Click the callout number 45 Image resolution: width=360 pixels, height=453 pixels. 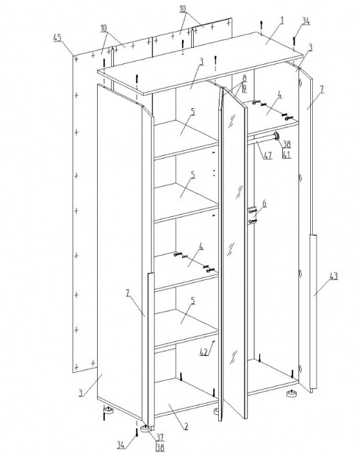[58, 38]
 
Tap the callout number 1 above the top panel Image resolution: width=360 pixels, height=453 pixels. [282, 20]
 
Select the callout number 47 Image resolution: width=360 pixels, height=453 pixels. [268, 155]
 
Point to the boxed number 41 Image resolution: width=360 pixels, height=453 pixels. [286, 154]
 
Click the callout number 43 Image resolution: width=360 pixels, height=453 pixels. [333, 276]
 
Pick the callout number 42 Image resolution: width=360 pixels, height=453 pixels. [204, 351]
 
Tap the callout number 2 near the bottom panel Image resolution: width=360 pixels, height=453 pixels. [186, 426]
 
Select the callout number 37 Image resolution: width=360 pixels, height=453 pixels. [160, 437]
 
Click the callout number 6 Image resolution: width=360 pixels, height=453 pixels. [264, 203]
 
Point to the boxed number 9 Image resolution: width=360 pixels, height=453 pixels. [244, 89]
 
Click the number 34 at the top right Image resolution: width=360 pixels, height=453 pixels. [306, 21]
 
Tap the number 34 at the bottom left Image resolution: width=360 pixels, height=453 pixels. [121, 445]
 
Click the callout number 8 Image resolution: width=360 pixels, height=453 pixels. [244, 78]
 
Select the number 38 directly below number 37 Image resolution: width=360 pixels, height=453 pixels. [160, 447]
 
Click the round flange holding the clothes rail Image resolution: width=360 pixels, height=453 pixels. [276, 135]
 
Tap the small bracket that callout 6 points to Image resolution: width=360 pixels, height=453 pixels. [252, 215]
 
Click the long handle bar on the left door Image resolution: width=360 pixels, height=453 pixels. [151, 349]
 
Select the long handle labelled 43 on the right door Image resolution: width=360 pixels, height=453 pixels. [313, 312]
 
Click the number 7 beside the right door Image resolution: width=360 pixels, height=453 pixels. [322, 89]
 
